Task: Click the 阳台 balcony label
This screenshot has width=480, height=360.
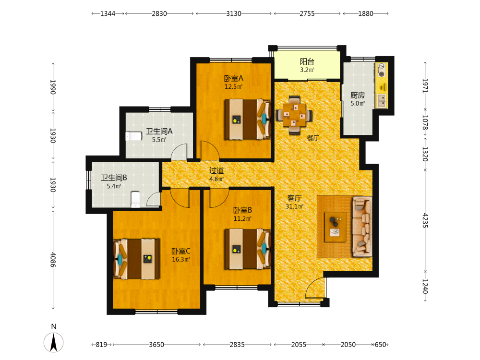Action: pos(307,61)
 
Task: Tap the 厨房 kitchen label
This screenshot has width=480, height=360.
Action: pos(358,95)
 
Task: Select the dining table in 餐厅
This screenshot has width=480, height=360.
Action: pos(294,115)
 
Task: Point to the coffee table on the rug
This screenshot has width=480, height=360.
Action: pos(335,227)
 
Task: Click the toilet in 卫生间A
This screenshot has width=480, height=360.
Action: pos(133,136)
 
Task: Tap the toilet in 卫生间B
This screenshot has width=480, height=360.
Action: pos(135,199)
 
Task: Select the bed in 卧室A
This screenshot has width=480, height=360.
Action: pos(248,119)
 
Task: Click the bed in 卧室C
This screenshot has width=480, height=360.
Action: pos(136,259)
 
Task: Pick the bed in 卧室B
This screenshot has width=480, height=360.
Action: pos(248,249)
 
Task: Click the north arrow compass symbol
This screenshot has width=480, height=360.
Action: pos(54,342)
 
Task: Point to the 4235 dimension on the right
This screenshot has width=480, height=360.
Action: pos(425,220)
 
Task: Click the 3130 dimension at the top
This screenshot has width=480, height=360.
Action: pos(234,13)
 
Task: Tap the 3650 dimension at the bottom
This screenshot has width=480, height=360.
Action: pos(156,345)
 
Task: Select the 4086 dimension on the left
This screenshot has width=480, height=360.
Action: pos(53,260)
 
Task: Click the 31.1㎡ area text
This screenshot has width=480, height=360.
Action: pos(295,206)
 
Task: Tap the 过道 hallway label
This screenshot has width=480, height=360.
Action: pos(216,170)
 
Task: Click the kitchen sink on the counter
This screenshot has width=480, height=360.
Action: pos(382,101)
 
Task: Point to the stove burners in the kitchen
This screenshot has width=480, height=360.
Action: pos(382,70)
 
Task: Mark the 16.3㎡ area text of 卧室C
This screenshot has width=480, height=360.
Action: pos(181,259)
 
